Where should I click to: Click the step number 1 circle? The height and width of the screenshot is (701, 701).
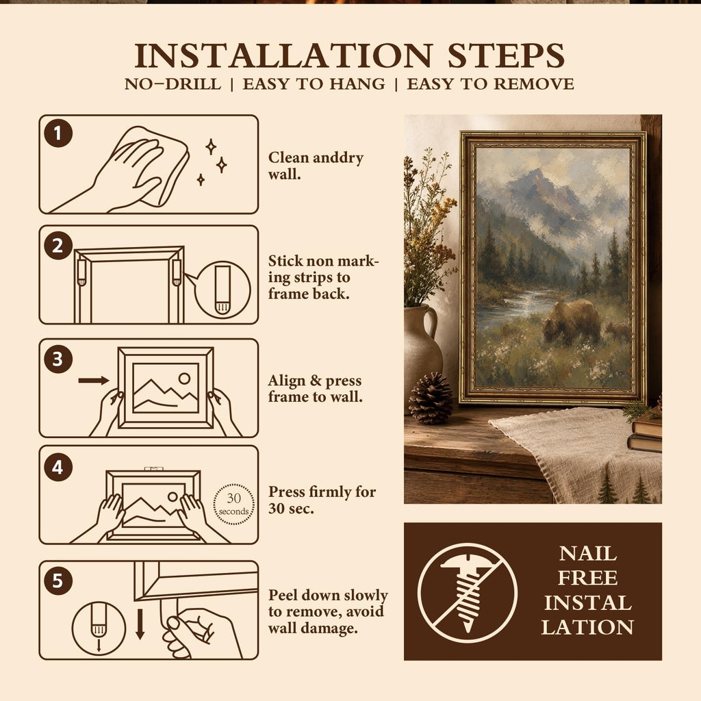pos(58,133)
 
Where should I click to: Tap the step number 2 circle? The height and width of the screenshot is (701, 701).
pos(58,246)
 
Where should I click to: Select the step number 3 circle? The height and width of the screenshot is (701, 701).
pos(58,359)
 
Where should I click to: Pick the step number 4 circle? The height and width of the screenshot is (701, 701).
pos(58,467)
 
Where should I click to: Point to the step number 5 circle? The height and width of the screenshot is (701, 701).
pos(58,581)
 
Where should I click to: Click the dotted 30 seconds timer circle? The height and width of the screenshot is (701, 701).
pos(234,504)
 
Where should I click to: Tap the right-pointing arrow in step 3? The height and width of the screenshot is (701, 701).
pos(93,381)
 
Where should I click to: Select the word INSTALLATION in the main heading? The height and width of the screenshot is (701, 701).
pos(284,55)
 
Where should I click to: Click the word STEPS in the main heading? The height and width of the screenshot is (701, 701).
pos(506,55)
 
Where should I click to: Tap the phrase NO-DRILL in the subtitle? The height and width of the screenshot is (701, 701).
pos(173,84)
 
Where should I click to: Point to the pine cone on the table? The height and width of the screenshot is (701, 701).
pos(430,398)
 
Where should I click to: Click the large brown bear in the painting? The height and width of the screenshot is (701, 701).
pos(572,320)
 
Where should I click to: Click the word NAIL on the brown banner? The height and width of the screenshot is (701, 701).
pos(588,554)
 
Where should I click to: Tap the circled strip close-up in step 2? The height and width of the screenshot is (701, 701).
pos(222,290)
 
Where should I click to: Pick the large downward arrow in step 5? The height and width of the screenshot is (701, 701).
pos(140,624)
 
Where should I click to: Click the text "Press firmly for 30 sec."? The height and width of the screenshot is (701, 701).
pos(322,500)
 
